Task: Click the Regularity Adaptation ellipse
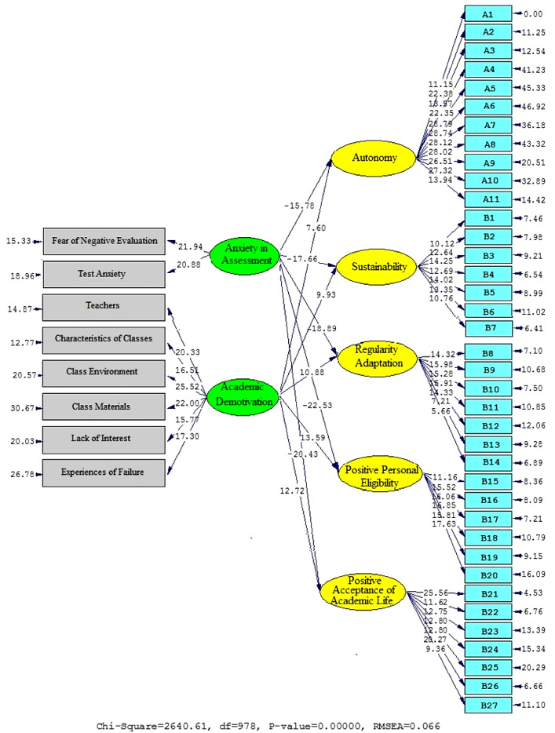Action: click(373, 359)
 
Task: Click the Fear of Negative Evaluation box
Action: click(104, 241)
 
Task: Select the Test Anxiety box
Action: click(104, 275)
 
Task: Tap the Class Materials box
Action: click(104, 406)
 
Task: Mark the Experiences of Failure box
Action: click(104, 472)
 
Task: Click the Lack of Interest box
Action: click(104, 439)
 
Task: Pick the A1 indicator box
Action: click(487, 14)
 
